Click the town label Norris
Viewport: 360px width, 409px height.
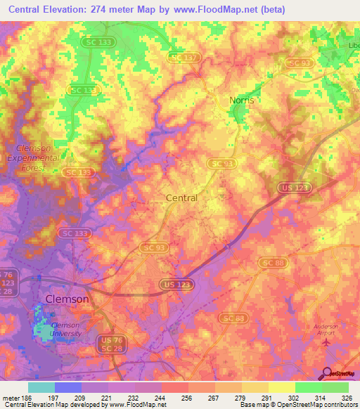coord(241,100)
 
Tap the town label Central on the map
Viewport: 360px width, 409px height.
coord(181,198)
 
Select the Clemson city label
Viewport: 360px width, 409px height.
coord(67,299)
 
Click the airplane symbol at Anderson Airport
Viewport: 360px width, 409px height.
coord(324,342)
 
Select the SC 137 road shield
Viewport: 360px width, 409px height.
coord(185,56)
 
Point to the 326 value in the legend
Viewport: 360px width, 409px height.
coord(348,396)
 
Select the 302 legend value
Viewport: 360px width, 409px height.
coord(295,396)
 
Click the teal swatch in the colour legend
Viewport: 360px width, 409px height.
coord(41,387)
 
